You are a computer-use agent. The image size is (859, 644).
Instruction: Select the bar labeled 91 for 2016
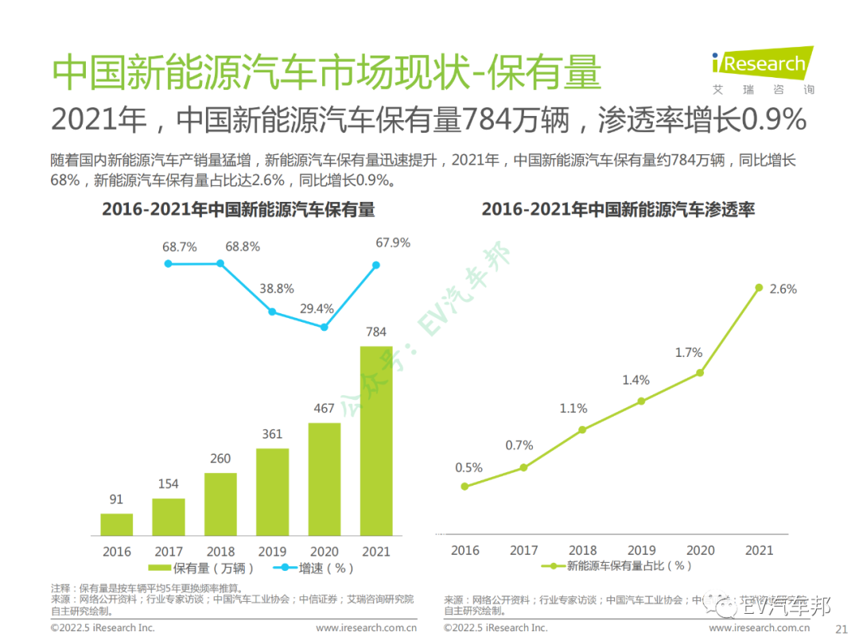tap(116, 524)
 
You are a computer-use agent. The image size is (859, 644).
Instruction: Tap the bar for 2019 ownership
tap(272, 491)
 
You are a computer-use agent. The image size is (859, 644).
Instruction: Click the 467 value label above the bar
tap(325, 409)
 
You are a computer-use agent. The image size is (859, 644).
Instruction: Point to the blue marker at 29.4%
tap(324, 327)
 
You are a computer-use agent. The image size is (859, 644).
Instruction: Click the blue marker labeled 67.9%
tap(376, 265)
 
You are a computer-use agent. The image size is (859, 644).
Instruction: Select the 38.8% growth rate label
tap(278, 289)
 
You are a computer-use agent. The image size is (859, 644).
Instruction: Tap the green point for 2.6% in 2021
tap(759, 288)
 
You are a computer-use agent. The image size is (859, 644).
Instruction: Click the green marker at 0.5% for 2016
tap(464, 486)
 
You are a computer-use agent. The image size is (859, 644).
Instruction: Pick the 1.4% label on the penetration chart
tap(636, 380)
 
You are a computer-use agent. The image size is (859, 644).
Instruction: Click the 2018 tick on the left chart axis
tap(220, 551)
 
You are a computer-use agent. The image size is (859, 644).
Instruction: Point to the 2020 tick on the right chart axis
tap(700, 549)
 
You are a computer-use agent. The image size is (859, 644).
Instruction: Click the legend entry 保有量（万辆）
tap(202, 568)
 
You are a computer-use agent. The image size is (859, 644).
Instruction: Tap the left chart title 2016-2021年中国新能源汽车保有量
tap(238, 210)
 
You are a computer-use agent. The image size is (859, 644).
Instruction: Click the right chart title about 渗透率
tap(618, 210)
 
